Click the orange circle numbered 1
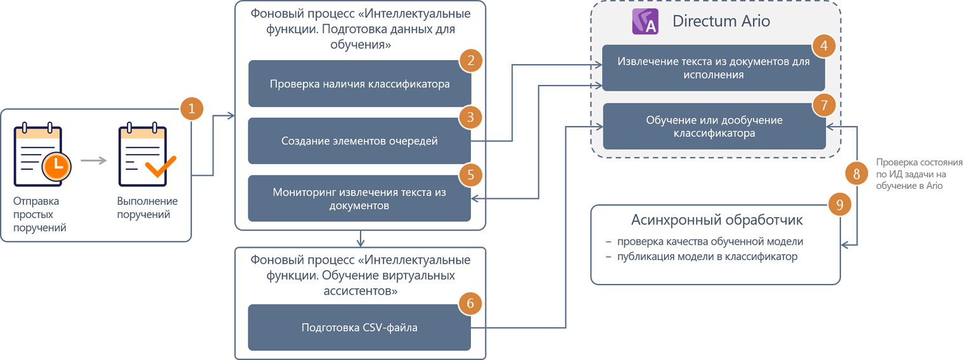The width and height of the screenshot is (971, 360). tap(191, 108)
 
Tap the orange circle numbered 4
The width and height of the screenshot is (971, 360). tap(824, 46)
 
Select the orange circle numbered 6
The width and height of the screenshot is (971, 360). tap(470, 304)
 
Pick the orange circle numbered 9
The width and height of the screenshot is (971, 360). tap(840, 205)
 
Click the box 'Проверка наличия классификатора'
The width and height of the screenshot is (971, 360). tap(359, 84)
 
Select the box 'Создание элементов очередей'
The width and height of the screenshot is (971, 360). tap(359, 141)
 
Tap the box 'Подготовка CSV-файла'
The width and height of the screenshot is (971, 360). tap(359, 328)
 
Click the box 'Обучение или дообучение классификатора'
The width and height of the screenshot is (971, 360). tap(714, 127)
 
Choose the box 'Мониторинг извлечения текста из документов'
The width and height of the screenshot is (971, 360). tap(359, 198)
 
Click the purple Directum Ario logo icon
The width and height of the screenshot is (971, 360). tap(646, 21)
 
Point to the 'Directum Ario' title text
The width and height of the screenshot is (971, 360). tap(721, 21)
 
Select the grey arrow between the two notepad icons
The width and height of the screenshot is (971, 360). tap(94, 160)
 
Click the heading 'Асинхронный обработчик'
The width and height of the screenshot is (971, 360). tap(717, 221)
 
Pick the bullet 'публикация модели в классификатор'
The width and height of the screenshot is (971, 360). tap(707, 257)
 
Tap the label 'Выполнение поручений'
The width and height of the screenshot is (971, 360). tap(147, 208)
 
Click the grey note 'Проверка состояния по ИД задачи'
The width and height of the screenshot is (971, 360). tap(919, 174)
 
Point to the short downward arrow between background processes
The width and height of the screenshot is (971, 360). tap(360, 238)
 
